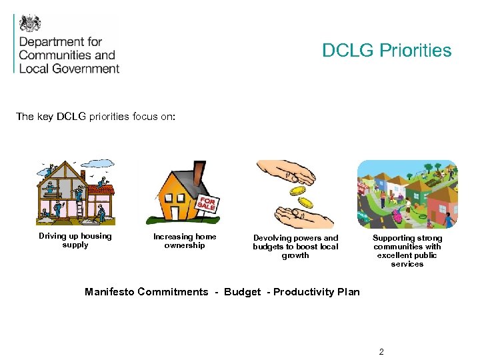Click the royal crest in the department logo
click(x=30, y=23)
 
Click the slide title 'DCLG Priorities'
click(x=387, y=51)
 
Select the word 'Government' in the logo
click(x=87, y=68)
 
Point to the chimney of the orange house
click(x=199, y=171)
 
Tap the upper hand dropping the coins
click(x=287, y=174)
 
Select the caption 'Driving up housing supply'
click(x=75, y=241)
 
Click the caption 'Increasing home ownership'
click(x=185, y=241)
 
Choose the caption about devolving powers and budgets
click(x=295, y=246)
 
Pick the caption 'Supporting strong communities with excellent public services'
click(x=407, y=251)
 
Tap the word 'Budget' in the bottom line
click(x=242, y=292)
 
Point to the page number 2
click(x=381, y=351)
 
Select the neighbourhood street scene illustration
click(x=407, y=194)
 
